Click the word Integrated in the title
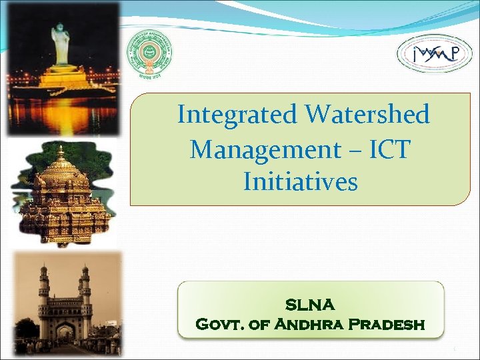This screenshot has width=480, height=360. (237, 115)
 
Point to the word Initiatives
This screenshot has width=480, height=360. (300, 181)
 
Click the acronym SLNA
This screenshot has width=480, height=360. (310, 305)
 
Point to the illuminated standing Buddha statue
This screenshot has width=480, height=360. (61, 47)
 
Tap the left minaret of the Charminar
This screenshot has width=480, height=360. (43, 293)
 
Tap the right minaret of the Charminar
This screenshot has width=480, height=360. (85, 293)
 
